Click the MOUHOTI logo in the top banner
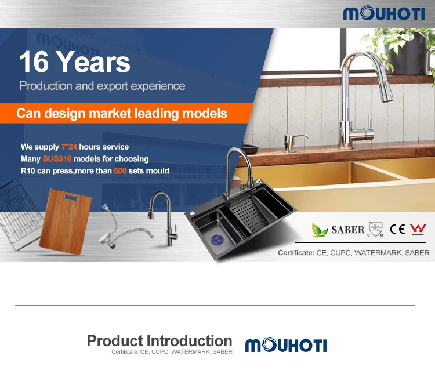[384, 13]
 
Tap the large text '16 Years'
[75, 62]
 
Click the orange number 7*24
[69, 147]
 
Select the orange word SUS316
[57, 159]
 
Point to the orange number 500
[120, 171]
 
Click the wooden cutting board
[66, 222]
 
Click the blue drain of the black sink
[217, 240]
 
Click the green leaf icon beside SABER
[320, 230]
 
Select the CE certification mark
[397, 229]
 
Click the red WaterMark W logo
[418, 229]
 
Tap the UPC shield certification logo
[376, 229]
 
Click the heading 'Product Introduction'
[159, 341]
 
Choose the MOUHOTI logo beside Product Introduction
[286, 344]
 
